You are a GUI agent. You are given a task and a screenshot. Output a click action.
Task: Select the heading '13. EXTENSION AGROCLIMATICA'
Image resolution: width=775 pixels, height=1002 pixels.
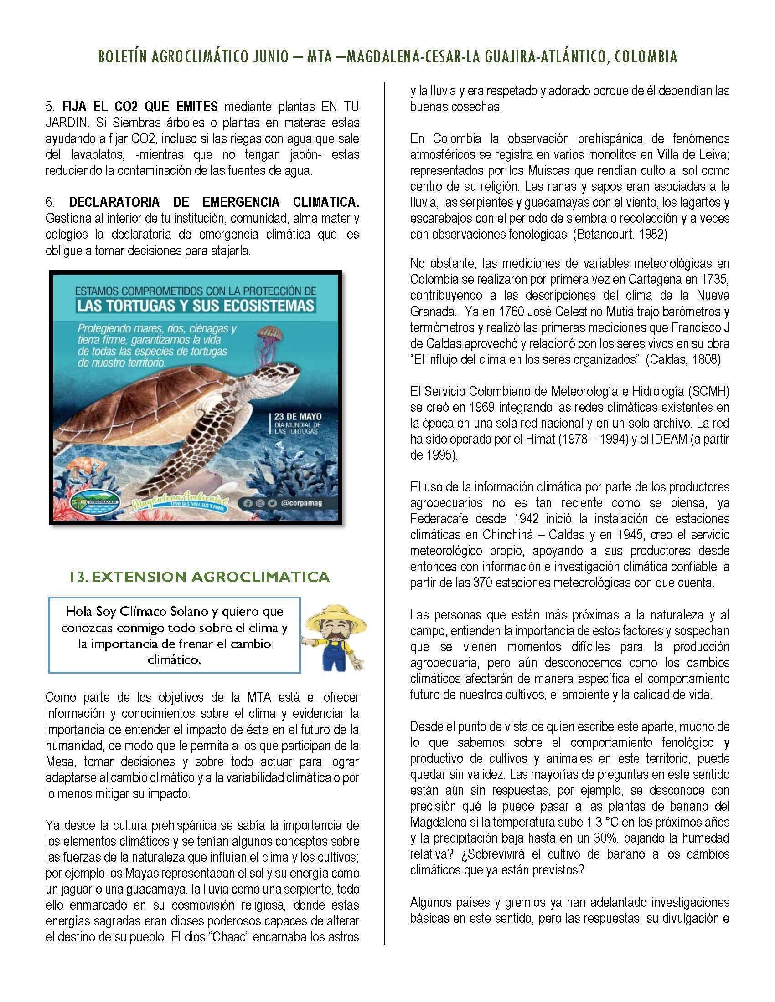click(x=200, y=577)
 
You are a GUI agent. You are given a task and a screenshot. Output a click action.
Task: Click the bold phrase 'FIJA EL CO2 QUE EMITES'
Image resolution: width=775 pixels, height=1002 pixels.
click(x=140, y=107)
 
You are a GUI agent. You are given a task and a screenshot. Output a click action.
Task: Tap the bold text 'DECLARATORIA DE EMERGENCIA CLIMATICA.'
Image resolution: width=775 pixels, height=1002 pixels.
click(x=214, y=202)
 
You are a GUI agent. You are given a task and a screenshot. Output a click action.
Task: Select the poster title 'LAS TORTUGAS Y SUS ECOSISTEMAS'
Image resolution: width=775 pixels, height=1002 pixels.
click(x=196, y=305)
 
